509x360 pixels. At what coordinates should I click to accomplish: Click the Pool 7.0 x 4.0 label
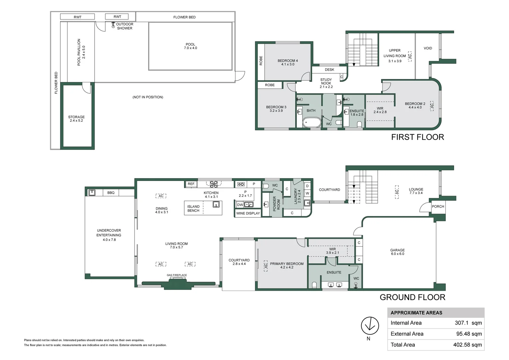[190, 46]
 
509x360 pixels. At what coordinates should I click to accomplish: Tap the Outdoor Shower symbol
[113, 25]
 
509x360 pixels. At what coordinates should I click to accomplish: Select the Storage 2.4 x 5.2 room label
[76, 119]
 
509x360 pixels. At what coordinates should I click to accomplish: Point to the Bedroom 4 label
[287, 62]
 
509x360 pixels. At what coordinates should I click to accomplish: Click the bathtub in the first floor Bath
[311, 122]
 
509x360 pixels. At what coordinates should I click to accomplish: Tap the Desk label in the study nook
[329, 70]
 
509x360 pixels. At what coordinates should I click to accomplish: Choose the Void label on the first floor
[428, 48]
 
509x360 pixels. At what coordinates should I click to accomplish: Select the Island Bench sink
[216, 205]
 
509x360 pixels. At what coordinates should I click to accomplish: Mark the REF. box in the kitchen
[191, 184]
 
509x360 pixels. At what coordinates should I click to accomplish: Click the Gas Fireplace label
[177, 275]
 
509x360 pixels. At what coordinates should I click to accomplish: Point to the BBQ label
[111, 193]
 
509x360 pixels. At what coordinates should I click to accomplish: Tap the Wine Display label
[248, 213]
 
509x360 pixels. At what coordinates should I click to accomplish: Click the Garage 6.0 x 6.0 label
[397, 252]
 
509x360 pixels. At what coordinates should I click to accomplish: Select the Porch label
[438, 206]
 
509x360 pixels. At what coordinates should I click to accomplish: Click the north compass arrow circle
[370, 325]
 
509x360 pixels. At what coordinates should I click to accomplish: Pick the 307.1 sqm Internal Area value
[468, 323]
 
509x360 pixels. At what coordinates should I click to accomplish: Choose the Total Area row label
[403, 345]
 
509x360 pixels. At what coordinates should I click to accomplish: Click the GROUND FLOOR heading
[412, 297]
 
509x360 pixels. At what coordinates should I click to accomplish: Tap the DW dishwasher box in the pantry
[240, 205]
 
